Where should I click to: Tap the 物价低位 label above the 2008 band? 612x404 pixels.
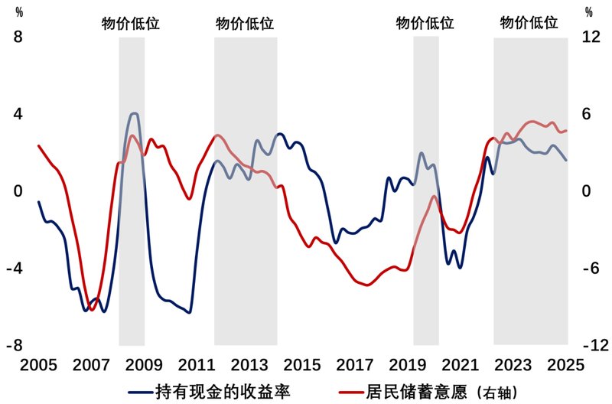click(x=131, y=23)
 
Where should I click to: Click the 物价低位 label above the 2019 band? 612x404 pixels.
click(x=425, y=23)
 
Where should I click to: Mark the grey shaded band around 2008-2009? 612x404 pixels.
click(x=132, y=191)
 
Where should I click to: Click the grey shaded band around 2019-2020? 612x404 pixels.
click(x=425, y=191)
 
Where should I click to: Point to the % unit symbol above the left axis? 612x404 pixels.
click(x=20, y=11)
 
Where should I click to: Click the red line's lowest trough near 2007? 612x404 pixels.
click(x=92, y=310)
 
